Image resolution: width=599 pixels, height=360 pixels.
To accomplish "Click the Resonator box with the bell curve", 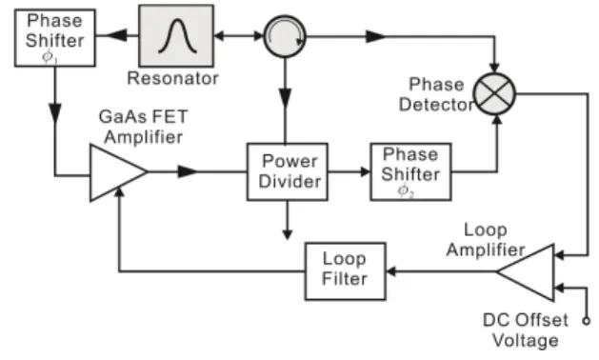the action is (176, 36).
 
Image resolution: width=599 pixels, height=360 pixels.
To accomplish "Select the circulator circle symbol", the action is (285, 37).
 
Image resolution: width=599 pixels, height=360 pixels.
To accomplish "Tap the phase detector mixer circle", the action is (494, 93).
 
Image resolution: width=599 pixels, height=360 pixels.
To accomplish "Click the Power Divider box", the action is (288, 172).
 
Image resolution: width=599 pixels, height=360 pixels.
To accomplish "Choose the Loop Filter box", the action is (346, 271).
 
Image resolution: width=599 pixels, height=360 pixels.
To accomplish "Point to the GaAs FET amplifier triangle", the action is (114, 172).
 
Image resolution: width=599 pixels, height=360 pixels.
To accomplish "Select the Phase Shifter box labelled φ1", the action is (55, 38).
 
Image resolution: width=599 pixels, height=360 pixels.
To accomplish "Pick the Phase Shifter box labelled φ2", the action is (410, 172).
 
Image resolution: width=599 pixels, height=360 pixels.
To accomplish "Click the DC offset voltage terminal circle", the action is (587, 321).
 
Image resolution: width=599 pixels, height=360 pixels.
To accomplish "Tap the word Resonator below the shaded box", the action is (172, 78).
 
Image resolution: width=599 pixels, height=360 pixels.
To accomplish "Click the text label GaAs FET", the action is (143, 117).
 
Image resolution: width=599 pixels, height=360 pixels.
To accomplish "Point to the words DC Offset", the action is (526, 320).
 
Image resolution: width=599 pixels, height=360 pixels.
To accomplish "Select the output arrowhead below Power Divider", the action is (288, 234).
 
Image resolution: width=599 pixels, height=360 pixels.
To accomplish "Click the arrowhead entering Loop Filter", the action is (390, 271).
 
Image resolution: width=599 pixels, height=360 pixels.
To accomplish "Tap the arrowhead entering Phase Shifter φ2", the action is (365, 172).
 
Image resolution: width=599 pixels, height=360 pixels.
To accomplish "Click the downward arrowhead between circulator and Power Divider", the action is (286, 98).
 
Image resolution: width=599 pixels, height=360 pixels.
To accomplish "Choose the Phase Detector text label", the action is (436, 94).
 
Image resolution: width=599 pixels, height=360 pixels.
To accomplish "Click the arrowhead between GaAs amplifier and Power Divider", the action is (188, 172).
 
